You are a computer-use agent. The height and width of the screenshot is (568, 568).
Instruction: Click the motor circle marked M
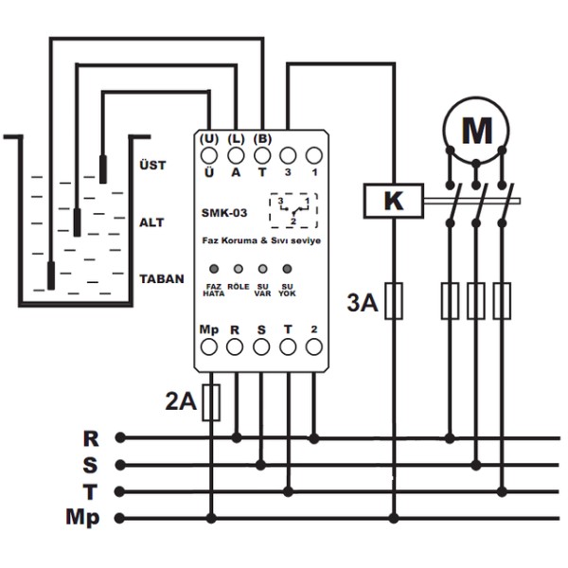pos(475,98)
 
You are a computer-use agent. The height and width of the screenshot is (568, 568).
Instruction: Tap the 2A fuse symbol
pos(211,402)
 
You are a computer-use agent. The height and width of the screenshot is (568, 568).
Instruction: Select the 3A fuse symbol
pos(394,301)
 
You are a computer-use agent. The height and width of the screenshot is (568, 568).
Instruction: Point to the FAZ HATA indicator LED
pos(214,269)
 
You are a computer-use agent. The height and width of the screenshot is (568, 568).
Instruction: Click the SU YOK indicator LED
pos(287,269)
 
